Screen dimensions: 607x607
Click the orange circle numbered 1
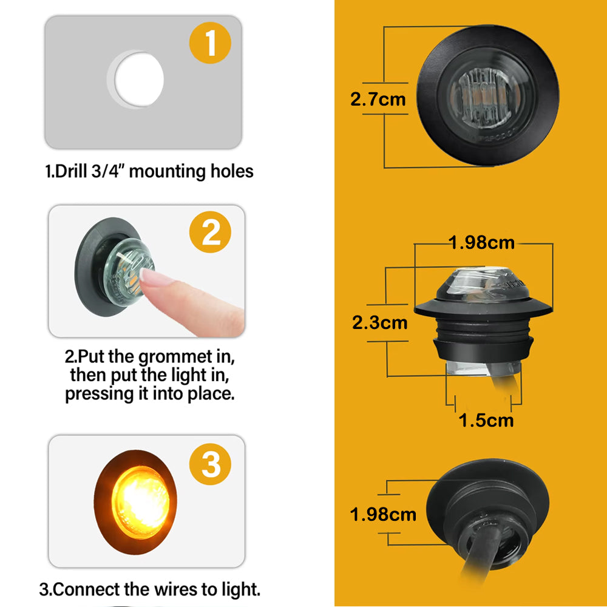click(210, 42)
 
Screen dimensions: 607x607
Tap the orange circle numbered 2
click(210, 232)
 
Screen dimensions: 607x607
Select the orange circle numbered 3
click(210, 464)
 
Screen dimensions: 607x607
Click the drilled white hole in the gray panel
click(139, 80)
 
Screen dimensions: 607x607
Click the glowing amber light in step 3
click(140, 502)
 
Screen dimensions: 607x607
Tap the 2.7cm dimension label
click(378, 99)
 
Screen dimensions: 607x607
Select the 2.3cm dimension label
click(380, 322)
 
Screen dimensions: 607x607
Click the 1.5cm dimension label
click(486, 420)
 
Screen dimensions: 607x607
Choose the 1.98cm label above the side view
click(481, 243)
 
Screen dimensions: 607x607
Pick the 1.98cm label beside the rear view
click(383, 515)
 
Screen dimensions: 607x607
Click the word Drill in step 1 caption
click(71, 171)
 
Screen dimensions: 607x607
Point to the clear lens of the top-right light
click(486, 97)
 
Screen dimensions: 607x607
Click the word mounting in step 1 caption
click(167, 172)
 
